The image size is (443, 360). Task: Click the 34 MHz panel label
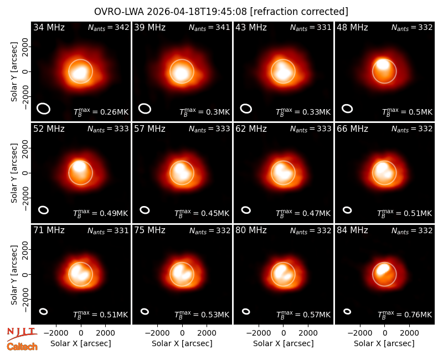[x=49, y=27]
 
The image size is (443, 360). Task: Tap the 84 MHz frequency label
[x=352, y=230]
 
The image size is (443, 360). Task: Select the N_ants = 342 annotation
[x=109, y=27]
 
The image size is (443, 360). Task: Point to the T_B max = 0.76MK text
[x=405, y=314]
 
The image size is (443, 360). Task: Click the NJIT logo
[x=22, y=333]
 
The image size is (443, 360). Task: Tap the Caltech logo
[x=22, y=347]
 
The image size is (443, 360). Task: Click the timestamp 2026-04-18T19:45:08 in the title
[x=197, y=12]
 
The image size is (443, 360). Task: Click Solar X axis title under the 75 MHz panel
[x=182, y=343]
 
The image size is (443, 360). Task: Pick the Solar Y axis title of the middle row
[x=14, y=173]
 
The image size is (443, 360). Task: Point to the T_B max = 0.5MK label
[x=407, y=112]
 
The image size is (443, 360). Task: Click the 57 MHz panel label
[x=150, y=129]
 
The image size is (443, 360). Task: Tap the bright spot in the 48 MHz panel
[x=383, y=64]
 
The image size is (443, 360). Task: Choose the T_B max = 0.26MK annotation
[x=101, y=112]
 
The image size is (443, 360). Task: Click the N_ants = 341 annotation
[x=209, y=27]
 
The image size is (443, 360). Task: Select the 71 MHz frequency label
[x=49, y=230]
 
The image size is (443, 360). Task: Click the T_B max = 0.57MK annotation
[x=303, y=314]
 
